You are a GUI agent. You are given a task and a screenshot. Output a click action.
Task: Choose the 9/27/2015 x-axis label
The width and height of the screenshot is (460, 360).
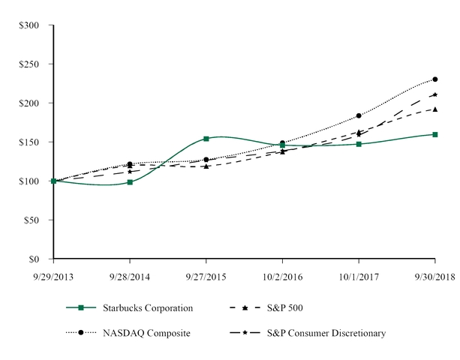coord(206,276)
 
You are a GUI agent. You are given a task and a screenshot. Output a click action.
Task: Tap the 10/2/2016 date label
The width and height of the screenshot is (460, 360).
coord(282,276)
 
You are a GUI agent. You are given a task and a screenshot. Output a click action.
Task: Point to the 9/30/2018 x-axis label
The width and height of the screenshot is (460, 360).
coord(434,276)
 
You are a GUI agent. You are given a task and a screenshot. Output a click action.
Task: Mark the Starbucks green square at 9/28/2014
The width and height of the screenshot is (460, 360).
coord(130,181)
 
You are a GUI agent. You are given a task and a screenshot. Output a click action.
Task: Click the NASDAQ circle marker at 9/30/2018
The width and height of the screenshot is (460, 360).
coord(435,79)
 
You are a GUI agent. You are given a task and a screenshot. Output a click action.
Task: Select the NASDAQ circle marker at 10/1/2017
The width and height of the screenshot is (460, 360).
coord(359,115)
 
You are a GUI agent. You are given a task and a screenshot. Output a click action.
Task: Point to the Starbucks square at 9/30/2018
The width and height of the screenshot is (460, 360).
coord(435,134)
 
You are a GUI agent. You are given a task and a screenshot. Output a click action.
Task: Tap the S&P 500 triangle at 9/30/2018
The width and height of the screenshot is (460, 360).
coord(435,109)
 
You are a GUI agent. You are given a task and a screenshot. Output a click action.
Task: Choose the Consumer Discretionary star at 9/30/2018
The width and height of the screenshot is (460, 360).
coord(435,94)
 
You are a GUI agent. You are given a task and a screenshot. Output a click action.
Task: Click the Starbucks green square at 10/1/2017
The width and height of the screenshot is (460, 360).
coord(359,144)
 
